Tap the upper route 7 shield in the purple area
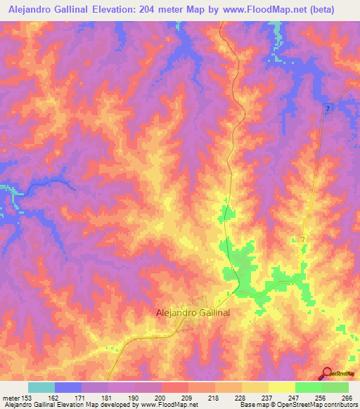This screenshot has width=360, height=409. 328,108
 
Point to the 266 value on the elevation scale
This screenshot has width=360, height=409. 347,397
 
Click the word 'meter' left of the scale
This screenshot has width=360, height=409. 13,397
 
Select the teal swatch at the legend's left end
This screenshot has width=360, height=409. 41,387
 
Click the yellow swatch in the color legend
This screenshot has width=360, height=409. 281,387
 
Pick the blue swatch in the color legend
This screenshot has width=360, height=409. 68,387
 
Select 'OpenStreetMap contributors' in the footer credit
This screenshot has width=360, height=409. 317,405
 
